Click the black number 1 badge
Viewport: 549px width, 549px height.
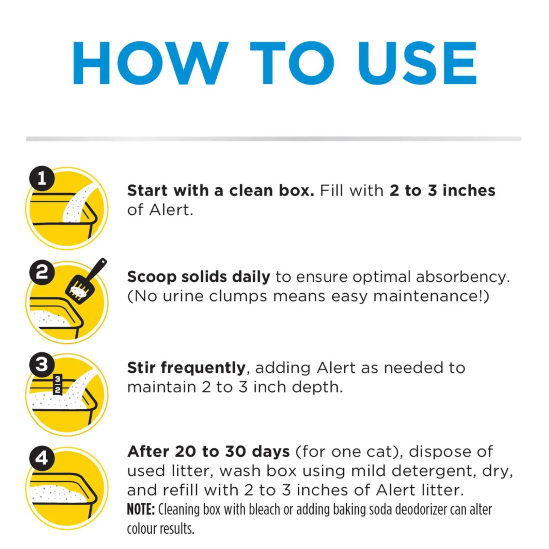pyautogui.click(x=42, y=178)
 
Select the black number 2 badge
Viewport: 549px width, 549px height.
pyautogui.click(x=42, y=272)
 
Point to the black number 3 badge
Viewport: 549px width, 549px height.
pyautogui.click(x=42, y=364)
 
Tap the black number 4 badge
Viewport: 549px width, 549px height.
pyautogui.click(x=42, y=458)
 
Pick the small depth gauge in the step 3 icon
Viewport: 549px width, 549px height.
pyautogui.click(x=58, y=384)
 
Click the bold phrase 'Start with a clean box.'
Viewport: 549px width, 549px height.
pyautogui.click(x=220, y=191)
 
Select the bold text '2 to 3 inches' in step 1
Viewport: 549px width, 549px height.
pyautogui.click(x=442, y=191)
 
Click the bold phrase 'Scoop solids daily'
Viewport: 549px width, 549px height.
pyautogui.click(x=199, y=277)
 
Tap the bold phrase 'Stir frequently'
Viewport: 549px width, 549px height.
pyautogui.click(x=186, y=368)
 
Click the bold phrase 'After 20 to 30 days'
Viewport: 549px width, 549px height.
pyautogui.click(x=209, y=452)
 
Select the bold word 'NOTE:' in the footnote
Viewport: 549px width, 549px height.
pyautogui.click(x=141, y=510)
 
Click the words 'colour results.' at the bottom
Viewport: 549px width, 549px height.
pyautogui.click(x=161, y=529)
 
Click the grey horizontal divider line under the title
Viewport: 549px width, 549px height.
pyautogui.click(x=274, y=139)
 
